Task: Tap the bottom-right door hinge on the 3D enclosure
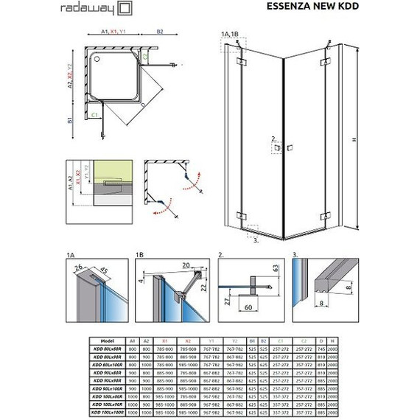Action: pyautogui.click(x=322, y=216)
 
